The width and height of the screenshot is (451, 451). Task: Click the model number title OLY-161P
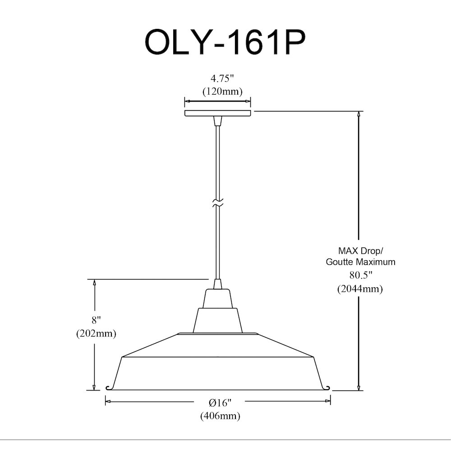[225, 42]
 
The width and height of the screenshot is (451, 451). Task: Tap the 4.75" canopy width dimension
[222, 78]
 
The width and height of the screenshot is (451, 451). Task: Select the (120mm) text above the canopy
[222, 92]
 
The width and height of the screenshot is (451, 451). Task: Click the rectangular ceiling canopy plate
[217, 113]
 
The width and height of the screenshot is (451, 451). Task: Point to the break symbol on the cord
[217, 202]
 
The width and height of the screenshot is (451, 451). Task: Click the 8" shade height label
[96, 320]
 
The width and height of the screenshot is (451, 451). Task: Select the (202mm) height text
[96, 333]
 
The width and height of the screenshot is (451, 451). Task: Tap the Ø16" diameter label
[220, 403]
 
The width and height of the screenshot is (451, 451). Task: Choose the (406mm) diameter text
[220, 416]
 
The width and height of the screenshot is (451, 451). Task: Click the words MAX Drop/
[360, 251]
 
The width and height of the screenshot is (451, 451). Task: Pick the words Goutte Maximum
[360, 262]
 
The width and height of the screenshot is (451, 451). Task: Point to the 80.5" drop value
[361, 275]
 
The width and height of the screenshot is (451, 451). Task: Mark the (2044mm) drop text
[360, 289]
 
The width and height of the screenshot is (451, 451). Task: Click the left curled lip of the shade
[109, 388]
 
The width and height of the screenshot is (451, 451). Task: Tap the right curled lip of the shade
[327, 388]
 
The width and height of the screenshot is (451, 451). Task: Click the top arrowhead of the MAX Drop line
[359, 114]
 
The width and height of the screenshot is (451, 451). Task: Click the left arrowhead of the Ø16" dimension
[108, 401]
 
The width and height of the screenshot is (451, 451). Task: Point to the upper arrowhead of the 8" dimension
[94, 282]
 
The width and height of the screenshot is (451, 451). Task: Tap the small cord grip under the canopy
[217, 121]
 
